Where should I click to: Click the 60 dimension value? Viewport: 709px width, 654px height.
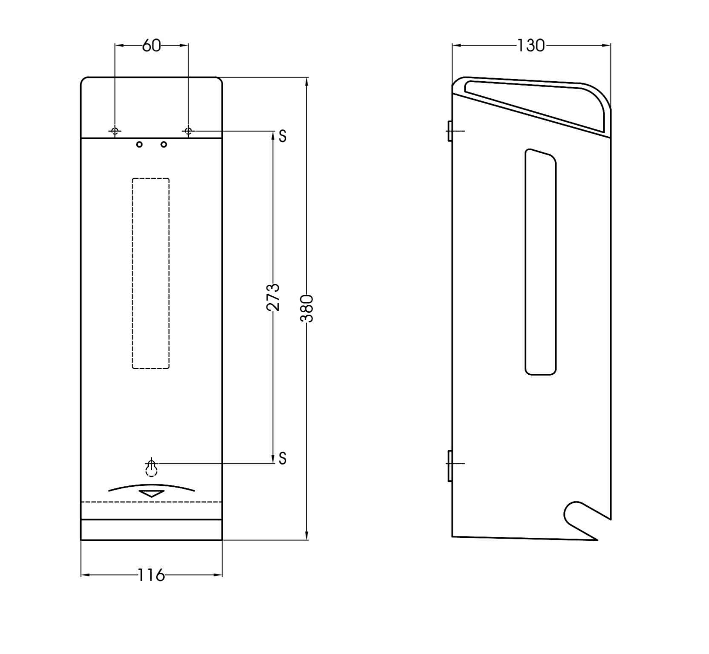[x=151, y=46]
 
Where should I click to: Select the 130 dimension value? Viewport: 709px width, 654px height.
[x=531, y=46]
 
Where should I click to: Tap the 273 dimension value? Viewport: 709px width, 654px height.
[x=273, y=297]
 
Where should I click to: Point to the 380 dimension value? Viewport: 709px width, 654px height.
[x=307, y=308]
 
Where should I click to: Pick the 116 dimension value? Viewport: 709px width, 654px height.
[x=151, y=575]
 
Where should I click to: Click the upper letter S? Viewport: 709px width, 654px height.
[x=282, y=136]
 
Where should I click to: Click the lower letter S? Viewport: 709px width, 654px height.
[x=282, y=458]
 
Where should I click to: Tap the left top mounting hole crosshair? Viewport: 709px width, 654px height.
[x=115, y=131]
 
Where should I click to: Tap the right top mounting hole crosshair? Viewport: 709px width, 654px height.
[x=188, y=131]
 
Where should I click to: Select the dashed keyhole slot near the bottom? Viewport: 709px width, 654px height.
[x=151, y=467]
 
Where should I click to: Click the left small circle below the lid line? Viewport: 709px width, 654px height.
[x=139, y=144]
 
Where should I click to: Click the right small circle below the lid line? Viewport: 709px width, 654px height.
[x=164, y=144]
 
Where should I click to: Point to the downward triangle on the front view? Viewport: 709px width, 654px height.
[x=152, y=493]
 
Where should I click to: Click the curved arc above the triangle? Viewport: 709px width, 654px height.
[x=152, y=487]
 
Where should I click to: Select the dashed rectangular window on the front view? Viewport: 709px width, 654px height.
[x=151, y=273]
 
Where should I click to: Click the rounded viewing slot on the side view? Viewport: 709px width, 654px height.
[x=541, y=262]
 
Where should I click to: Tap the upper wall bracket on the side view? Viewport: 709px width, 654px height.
[x=450, y=131]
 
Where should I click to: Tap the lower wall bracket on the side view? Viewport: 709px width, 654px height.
[x=450, y=465]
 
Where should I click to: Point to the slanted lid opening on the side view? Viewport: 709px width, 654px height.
[x=534, y=104]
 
